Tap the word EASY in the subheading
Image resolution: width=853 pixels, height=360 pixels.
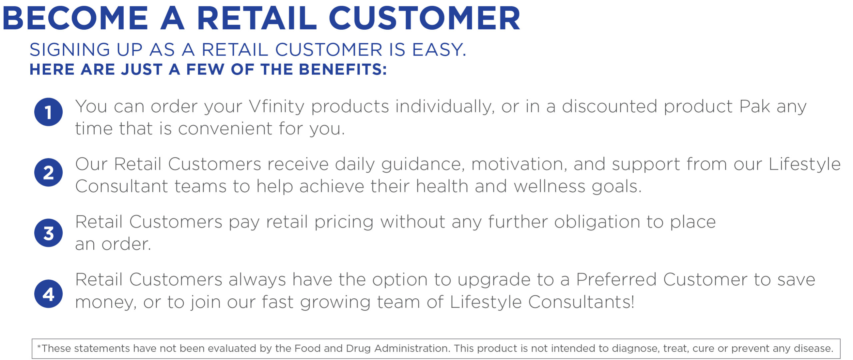click(439, 50)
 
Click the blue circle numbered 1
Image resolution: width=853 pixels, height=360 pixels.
click(48, 112)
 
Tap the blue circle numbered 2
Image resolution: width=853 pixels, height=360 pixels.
click(48, 172)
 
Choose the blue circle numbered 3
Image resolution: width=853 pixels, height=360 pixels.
click(48, 233)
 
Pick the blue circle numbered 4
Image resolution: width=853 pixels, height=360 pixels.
click(48, 294)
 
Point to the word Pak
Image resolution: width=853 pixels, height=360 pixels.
click(755, 107)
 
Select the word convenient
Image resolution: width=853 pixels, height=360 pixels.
click(225, 129)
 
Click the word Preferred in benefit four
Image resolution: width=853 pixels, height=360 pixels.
click(616, 280)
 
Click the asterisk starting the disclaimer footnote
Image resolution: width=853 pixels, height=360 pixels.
click(39, 347)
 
